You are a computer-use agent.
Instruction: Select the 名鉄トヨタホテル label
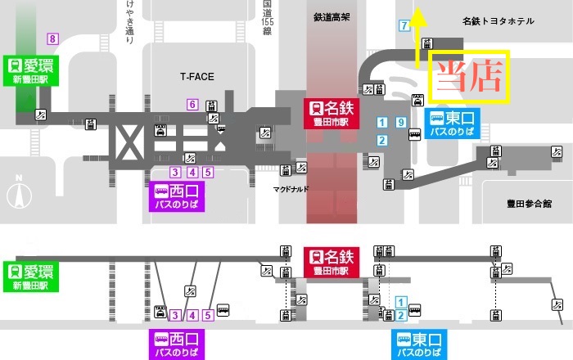(x=497, y=21)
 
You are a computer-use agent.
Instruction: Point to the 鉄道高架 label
(x=333, y=16)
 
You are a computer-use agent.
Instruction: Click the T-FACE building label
(x=196, y=77)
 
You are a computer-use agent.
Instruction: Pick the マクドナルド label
(x=290, y=187)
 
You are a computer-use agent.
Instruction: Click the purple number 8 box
(x=53, y=38)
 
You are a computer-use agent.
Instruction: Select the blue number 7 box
(x=404, y=25)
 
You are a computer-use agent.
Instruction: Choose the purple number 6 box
(x=192, y=104)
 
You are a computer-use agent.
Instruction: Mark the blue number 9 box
(x=400, y=123)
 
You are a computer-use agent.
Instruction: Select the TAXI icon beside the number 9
(x=417, y=100)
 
